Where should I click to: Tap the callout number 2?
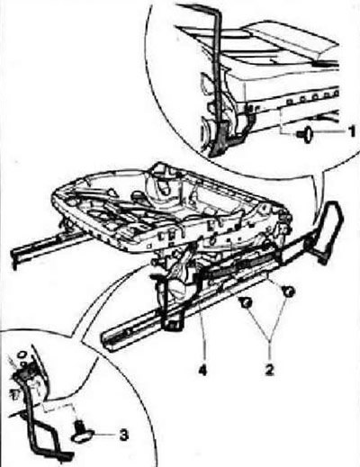click(x=269, y=369)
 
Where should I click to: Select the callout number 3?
click(x=124, y=436)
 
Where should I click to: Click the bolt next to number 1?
click(x=305, y=135)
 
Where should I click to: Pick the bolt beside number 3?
click(x=82, y=431)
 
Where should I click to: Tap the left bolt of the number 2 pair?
click(x=246, y=302)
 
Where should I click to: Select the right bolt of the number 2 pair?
click(x=289, y=291)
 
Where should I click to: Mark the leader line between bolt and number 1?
click(x=330, y=132)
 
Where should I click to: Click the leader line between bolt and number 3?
click(x=105, y=435)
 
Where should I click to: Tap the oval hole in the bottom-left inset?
click(x=22, y=355)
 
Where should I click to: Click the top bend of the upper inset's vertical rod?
click(x=217, y=7)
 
